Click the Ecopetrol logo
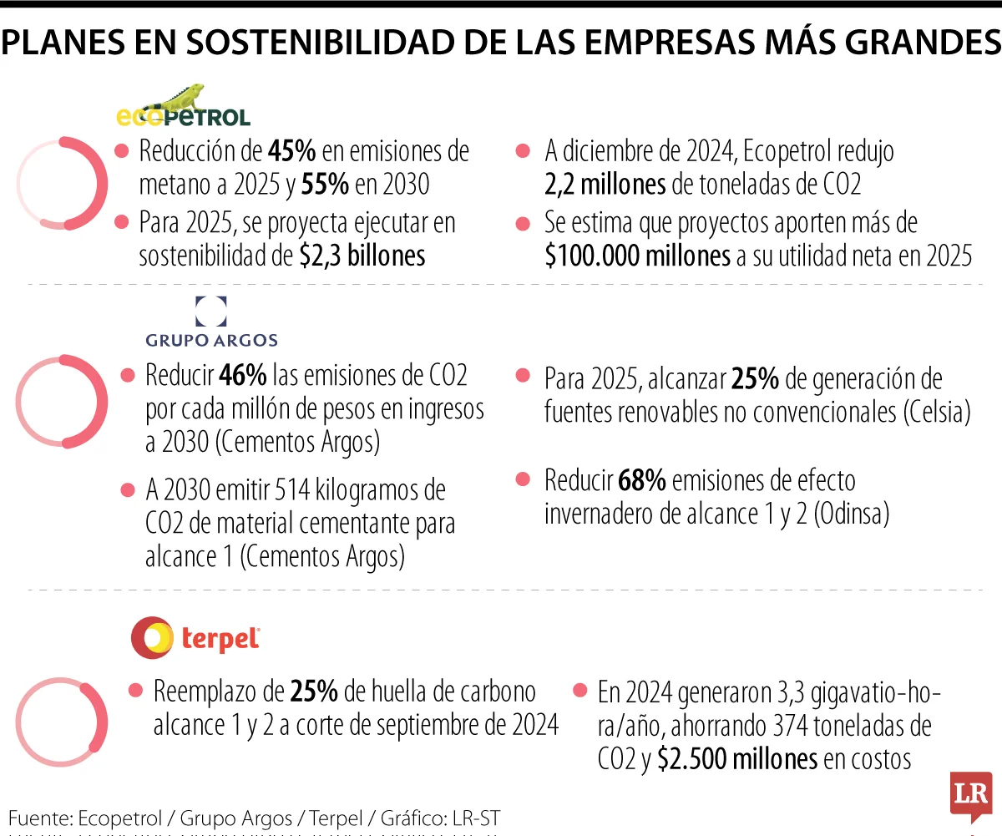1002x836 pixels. [182, 108]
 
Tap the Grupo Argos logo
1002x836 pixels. [210, 322]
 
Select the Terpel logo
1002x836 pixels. [195, 638]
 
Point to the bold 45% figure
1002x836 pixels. [291, 152]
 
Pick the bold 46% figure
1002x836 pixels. [244, 375]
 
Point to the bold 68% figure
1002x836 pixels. [641, 480]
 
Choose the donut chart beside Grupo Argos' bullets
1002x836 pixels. [62, 402]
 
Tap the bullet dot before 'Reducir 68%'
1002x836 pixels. [524, 479]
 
